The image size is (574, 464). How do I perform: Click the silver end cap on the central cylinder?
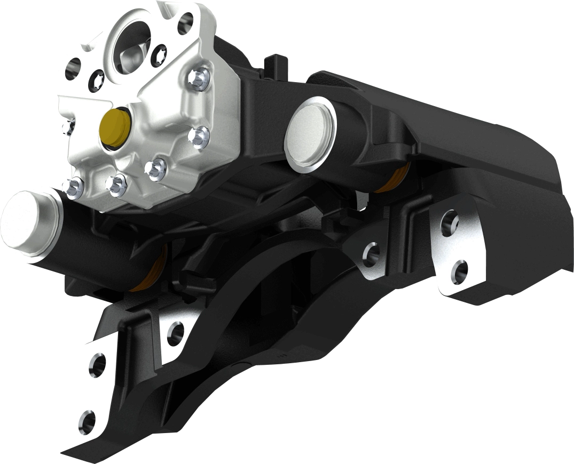pos(310,132)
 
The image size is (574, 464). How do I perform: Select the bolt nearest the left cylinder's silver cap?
pos(74,187)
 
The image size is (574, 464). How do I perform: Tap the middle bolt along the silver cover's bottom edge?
pos(116,183)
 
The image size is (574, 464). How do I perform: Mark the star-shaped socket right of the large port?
pos(159,54)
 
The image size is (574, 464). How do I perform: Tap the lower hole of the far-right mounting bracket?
pos(460,270)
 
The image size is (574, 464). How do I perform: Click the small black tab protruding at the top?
pos(276,63)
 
